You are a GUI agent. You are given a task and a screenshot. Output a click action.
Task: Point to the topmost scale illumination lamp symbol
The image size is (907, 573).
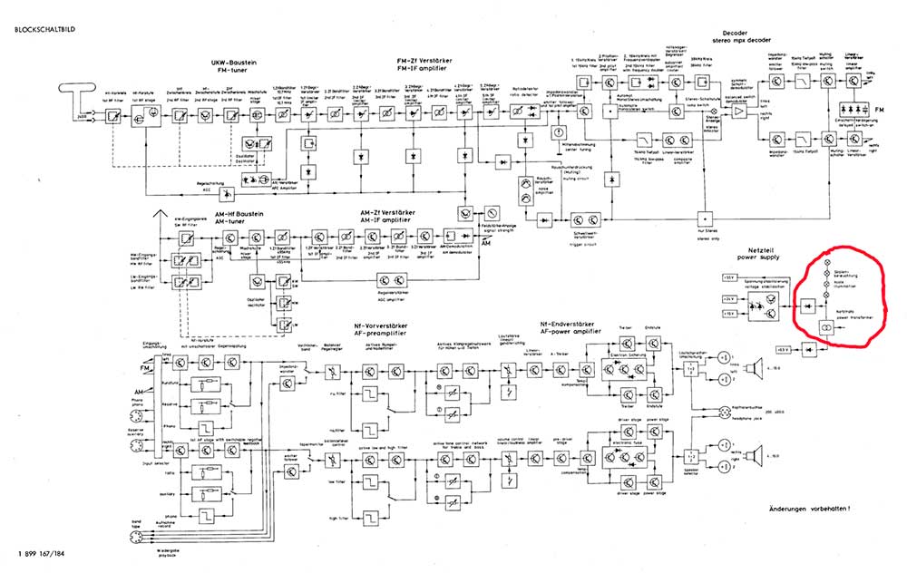(x=826, y=261)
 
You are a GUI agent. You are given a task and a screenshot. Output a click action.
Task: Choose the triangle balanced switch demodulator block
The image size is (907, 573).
(x=742, y=108)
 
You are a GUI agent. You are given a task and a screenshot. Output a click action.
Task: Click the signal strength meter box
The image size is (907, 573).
(x=493, y=211)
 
